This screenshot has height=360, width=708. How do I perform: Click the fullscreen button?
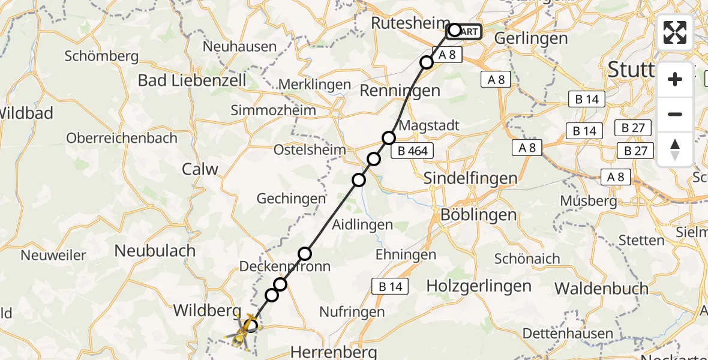click(x=675, y=32)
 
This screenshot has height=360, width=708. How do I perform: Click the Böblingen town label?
click(x=478, y=215)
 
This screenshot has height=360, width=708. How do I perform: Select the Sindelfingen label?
click(x=470, y=178)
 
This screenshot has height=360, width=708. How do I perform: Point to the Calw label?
click(x=200, y=169)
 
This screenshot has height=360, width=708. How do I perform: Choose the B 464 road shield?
click(x=413, y=151)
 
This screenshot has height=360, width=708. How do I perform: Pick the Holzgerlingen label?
click(x=479, y=286)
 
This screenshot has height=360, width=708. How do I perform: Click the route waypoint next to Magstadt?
click(x=389, y=138)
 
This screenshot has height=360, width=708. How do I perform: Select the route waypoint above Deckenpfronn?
click(x=305, y=253)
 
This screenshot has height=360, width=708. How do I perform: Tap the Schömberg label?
click(x=101, y=57)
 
